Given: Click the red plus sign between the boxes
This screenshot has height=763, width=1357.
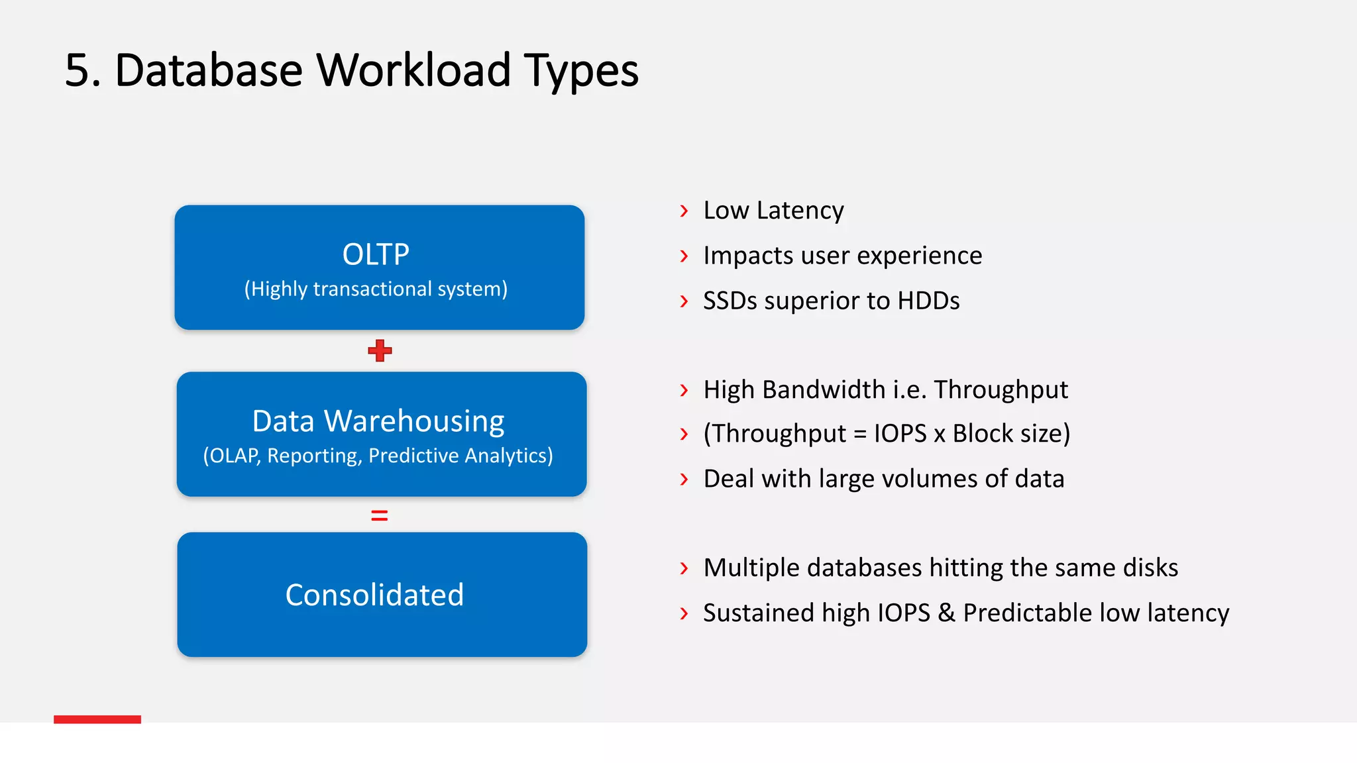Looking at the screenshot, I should [380, 350].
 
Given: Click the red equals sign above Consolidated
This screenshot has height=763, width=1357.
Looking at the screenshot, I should [380, 515].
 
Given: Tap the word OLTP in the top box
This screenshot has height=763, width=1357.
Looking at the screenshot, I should [376, 254].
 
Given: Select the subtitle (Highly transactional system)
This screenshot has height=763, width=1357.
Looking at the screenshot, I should [376, 289].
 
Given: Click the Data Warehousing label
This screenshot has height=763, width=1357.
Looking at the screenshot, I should [378, 421].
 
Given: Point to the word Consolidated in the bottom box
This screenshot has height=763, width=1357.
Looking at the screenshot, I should [374, 595].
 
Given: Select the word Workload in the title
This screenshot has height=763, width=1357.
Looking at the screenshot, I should [413, 70].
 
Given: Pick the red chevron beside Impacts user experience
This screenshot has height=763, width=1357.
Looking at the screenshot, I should [684, 256].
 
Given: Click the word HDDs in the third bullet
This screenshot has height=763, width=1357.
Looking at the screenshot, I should [928, 301].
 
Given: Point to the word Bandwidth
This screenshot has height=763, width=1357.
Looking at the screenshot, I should [824, 389].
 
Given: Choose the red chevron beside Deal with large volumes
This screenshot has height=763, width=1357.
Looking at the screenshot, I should [684, 479].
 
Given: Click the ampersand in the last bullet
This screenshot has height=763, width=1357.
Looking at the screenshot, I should [946, 613].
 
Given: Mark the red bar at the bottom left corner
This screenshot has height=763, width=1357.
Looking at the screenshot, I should [97, 719].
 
